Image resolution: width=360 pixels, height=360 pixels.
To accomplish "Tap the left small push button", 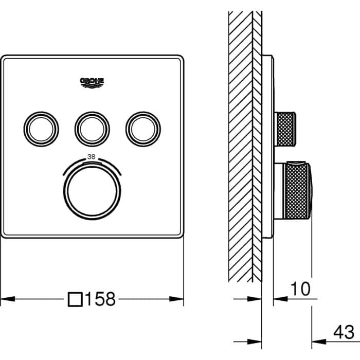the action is pos(41,129).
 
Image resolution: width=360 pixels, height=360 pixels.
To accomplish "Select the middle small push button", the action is pos(92,129).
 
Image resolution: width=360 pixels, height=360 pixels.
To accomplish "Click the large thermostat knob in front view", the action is pos(92,191).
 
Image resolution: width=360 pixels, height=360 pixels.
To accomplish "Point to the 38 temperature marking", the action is pos(92,157).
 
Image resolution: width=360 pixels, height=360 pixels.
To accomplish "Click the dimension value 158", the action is pos(100,299).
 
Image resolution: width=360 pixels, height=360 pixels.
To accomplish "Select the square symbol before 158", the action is pos(75,299).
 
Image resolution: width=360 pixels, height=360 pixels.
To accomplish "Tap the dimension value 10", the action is pos(300,289).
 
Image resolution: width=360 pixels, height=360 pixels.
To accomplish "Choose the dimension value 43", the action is pos(344,332).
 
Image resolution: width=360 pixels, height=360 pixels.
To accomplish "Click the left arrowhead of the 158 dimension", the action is pos(8,299).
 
